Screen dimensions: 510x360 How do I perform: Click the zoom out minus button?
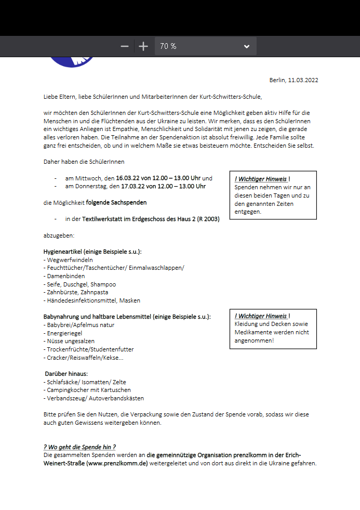[x=125, y=46]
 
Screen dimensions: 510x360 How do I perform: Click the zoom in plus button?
[x=143, y=46]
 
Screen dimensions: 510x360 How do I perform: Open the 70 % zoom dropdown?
[x=205, y=46]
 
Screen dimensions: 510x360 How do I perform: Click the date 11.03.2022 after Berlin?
[x=303, y=80]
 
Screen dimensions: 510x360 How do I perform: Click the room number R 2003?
[x=206, y=219]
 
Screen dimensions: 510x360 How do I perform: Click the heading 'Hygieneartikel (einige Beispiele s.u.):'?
[x=92, y=252]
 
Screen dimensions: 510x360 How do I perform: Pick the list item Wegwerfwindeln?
[x=70, y=260]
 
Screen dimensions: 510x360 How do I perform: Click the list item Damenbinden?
[x=66, y=276]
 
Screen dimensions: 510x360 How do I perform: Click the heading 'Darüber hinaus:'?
[x=66, y=374]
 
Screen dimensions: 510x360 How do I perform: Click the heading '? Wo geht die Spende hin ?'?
[x=79, y=447]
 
